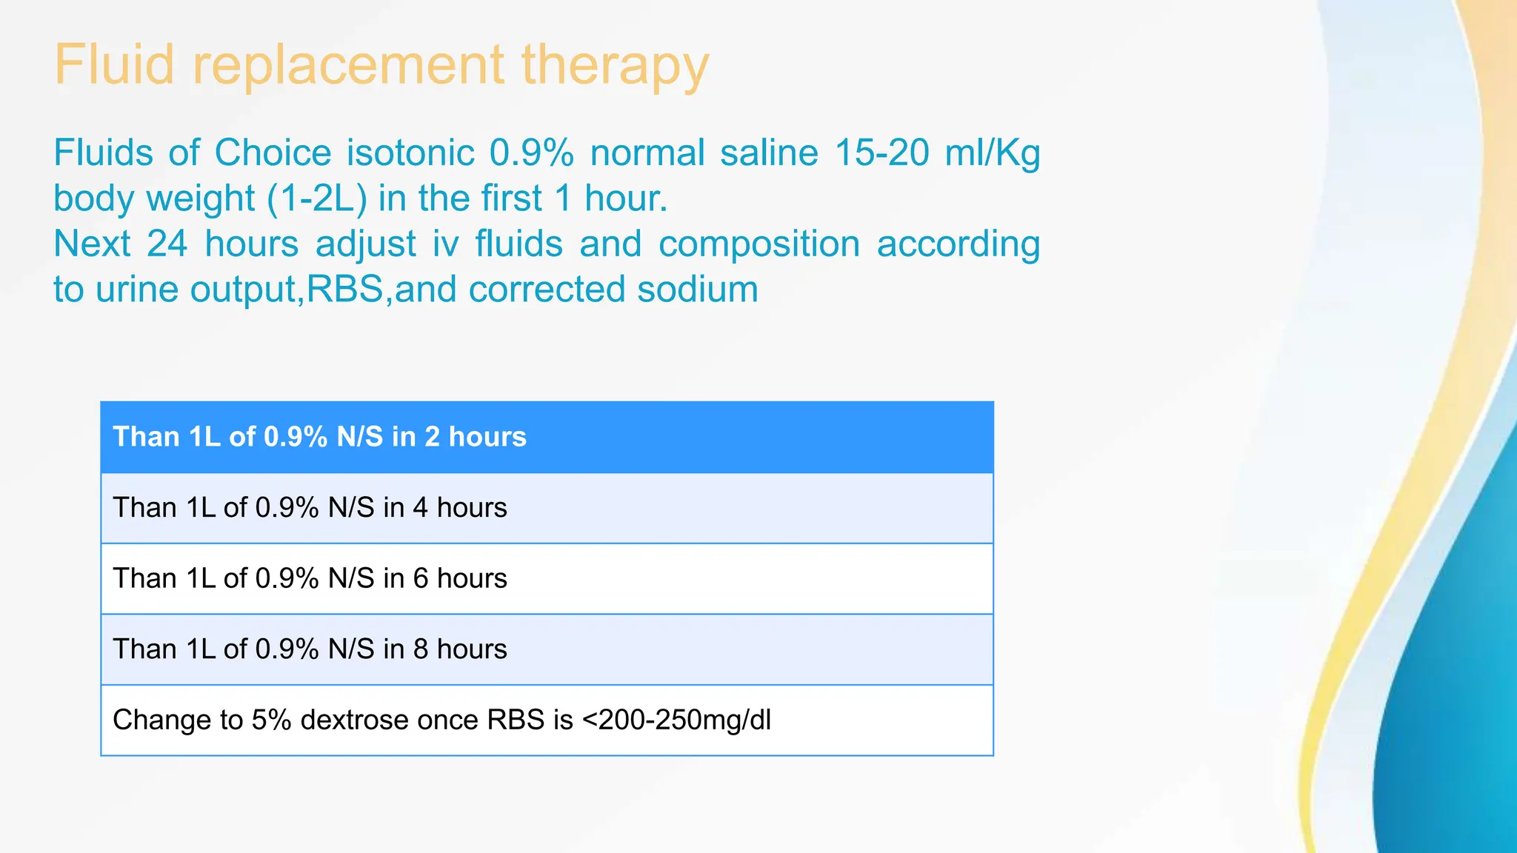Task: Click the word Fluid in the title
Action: tap(114, 65)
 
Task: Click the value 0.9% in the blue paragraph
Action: tap(531, 153)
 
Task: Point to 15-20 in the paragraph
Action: tap(881, 153)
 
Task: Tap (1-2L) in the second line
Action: tap(317, 199)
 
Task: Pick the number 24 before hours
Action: tap(167, 244)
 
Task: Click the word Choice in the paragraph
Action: tap(273, 153)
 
